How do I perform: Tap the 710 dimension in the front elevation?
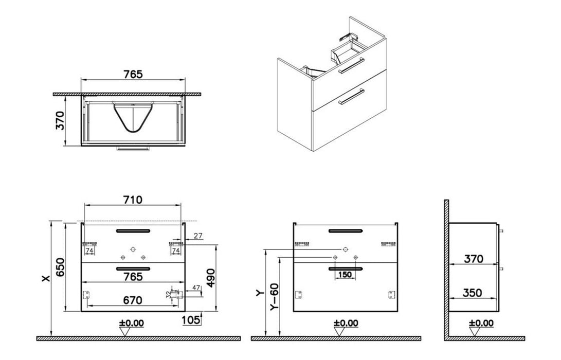[x=133, y=199]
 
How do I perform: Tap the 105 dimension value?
[x=191, y=320]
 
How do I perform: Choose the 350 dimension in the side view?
[x=472, y=293]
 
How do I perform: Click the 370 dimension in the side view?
[x=472, y=259]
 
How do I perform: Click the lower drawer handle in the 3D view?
[x=352, y=96]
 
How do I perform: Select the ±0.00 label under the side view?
[x=481, y=323]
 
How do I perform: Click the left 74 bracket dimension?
[x=88, y=250]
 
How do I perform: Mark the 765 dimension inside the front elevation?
[x=133, y=276]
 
